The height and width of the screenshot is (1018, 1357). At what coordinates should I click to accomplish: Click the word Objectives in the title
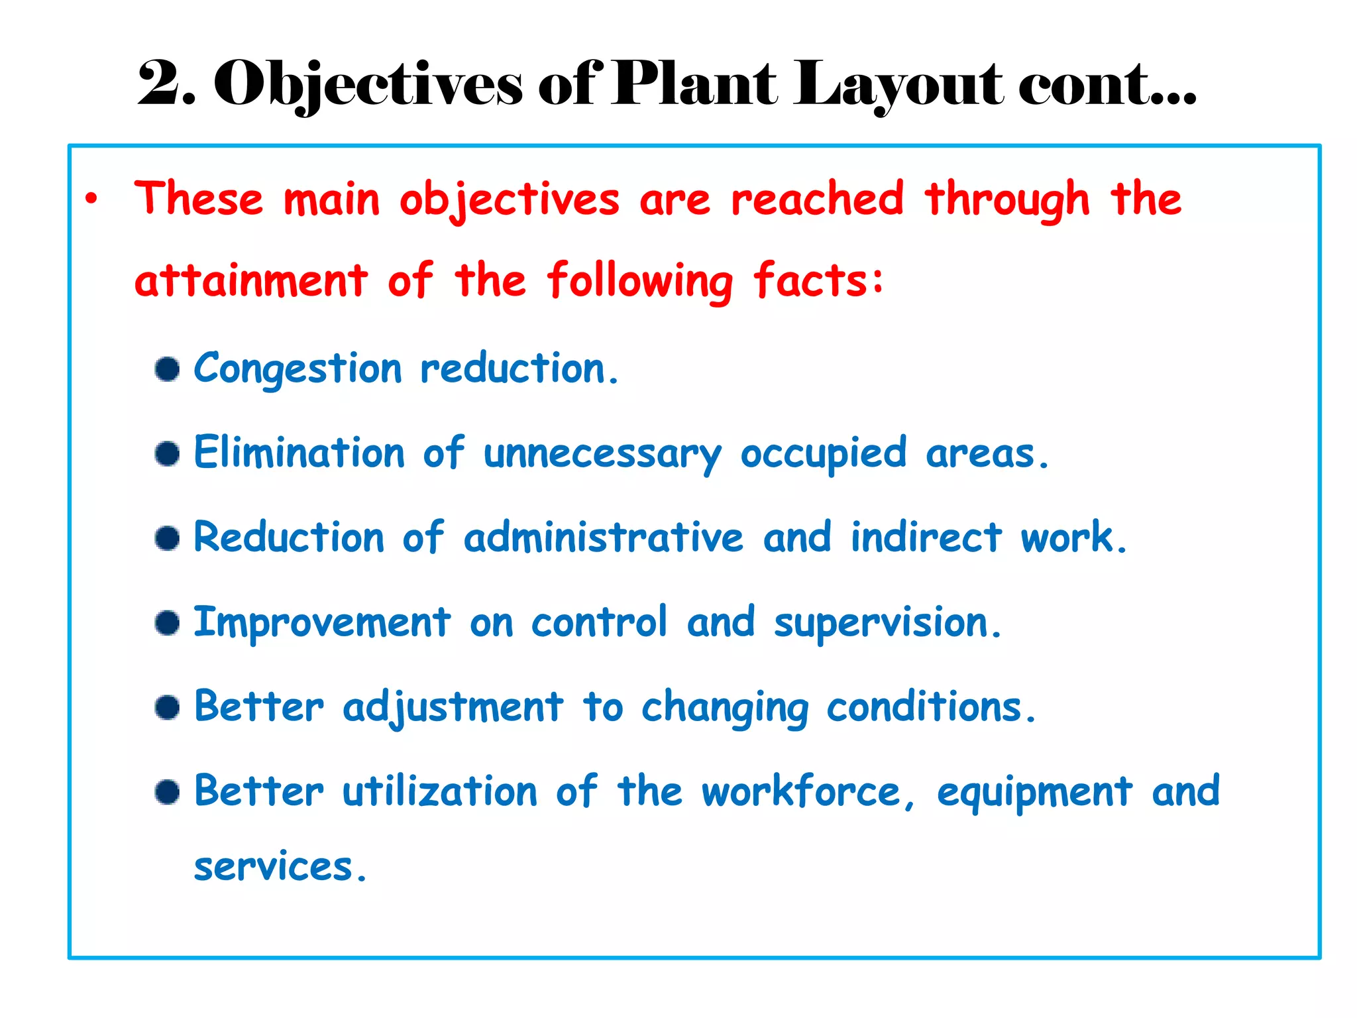(x=368, y=84)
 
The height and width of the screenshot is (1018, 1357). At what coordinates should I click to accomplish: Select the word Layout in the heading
(x=899, y=84)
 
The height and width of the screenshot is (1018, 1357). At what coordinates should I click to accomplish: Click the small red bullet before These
(x=91, y=198)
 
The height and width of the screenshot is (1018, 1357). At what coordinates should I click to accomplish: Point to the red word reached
(x=817, y=198)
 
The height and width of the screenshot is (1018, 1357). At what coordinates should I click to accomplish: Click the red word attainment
(x=250, y=280)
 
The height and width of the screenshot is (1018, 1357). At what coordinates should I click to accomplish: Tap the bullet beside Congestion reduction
(x=167, y=369)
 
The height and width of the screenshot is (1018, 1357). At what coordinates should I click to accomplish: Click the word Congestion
(x=298, y=368)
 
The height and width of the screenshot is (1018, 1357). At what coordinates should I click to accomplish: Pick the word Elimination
(x=299, y=453)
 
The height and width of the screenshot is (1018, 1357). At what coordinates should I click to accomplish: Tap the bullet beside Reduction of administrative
(x=167, y=537)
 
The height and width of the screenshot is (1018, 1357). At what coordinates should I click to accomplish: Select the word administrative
(x=604, y=537)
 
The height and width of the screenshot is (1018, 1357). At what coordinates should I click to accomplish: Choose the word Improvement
(x=322, y=623)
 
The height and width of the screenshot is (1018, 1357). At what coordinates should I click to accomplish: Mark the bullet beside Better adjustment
(x=167, y=707)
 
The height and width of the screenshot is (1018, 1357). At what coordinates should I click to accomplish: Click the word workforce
(x=800, y=791)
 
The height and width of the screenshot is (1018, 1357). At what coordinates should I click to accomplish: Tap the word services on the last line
(x=272, y=867)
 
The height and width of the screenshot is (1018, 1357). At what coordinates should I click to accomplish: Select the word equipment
(x=1034, y=792)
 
